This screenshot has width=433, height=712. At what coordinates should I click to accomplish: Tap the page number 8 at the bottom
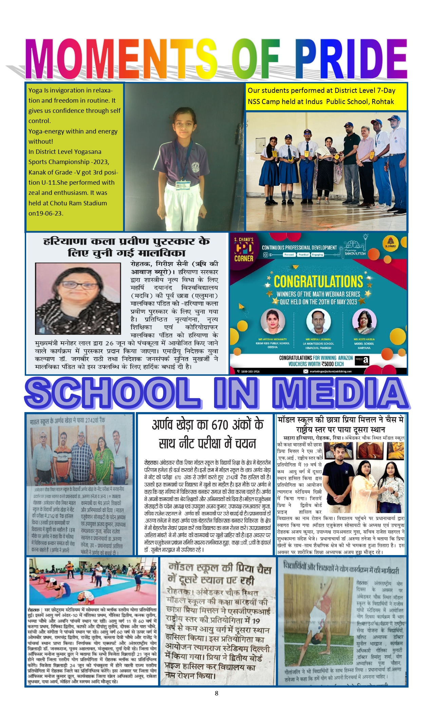[216, 693]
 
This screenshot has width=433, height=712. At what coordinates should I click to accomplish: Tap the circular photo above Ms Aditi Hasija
[364, 321]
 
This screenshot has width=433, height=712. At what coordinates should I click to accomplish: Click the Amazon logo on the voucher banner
[362, 361]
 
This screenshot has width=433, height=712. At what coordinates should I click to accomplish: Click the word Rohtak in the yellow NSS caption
[383, 102]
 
